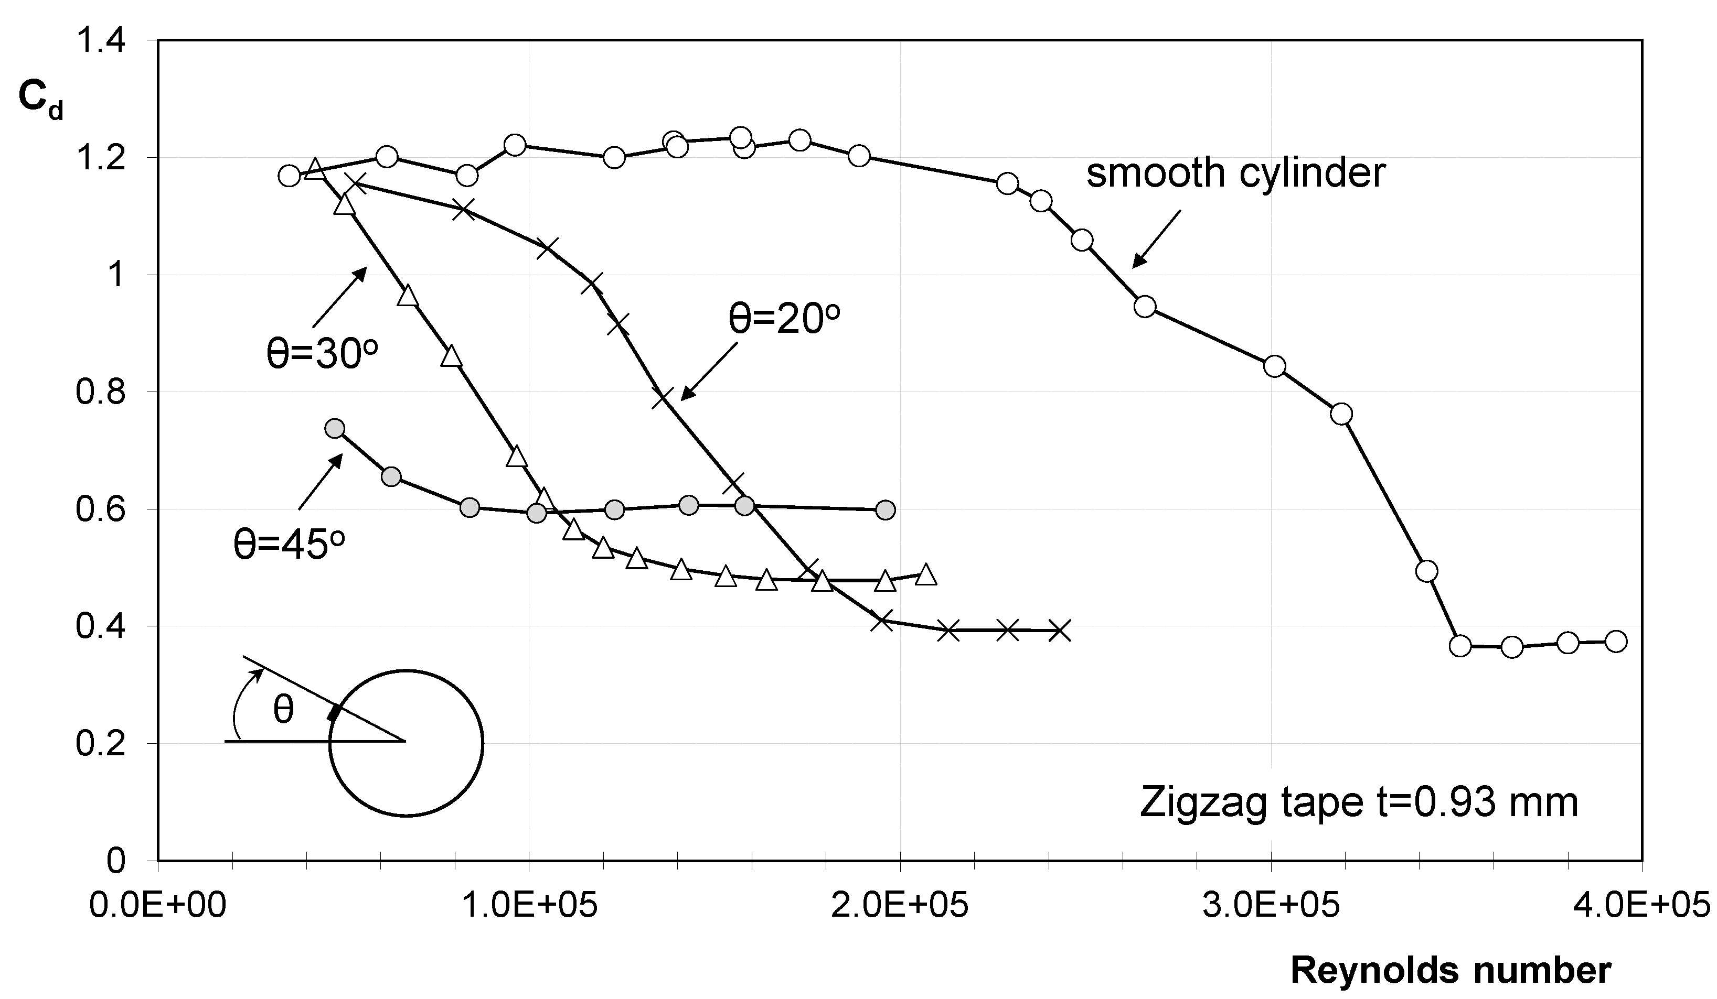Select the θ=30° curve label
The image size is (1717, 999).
point(322,354)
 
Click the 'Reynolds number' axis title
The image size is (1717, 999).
point(1451,970)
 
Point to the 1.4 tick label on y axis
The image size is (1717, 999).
point(100,41)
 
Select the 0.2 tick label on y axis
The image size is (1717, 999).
point(100,744)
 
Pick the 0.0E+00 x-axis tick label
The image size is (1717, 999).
point(157,906)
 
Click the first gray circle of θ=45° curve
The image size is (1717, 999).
point(335,428)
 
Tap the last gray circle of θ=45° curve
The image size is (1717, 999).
point(884,510)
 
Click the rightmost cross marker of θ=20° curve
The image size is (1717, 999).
point(1060,631)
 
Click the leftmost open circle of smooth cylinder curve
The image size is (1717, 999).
point(289,176)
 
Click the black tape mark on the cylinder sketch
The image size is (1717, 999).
point(333,713)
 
